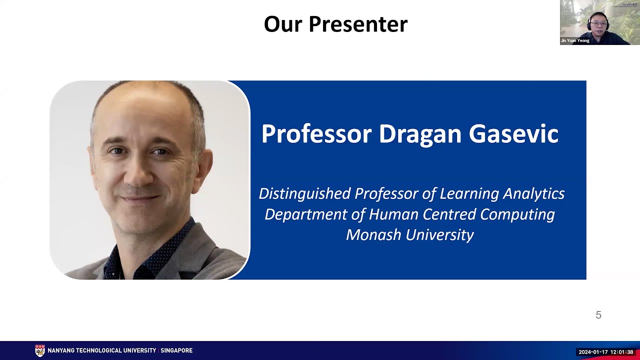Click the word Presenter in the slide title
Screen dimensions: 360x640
[x=358, y=24]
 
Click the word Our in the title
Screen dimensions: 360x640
[x=282, y=24]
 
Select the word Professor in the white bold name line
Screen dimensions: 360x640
[x=316, y=134]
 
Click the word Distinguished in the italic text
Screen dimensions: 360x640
[x=304, y=193]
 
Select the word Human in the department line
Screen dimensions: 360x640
[x=393, y=214]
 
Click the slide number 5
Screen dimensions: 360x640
[x=598, y=315]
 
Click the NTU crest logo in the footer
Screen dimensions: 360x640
[x=40, y=350]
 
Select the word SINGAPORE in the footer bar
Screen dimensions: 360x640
[x=176, y=350]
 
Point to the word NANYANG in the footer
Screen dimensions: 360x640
[x=62, y=350]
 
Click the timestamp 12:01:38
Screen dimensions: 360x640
[x=621, y=352]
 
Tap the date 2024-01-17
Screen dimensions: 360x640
[x=593, y=352]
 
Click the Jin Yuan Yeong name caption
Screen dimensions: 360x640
[x=575, y=41]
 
